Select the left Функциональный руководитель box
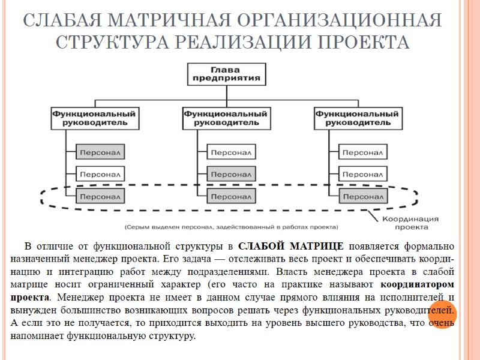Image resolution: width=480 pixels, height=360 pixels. coord(94,117)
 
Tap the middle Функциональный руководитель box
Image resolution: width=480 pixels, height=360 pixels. coord(225,117)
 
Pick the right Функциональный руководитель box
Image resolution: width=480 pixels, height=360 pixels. coord(357,117)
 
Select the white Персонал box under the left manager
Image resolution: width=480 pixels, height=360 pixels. coord(100,174)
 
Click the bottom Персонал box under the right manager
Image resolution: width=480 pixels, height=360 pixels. coord(362,196)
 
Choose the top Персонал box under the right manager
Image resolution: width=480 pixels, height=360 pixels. coord(362,152)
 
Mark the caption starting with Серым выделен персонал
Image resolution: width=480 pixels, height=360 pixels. coord(231,227)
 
